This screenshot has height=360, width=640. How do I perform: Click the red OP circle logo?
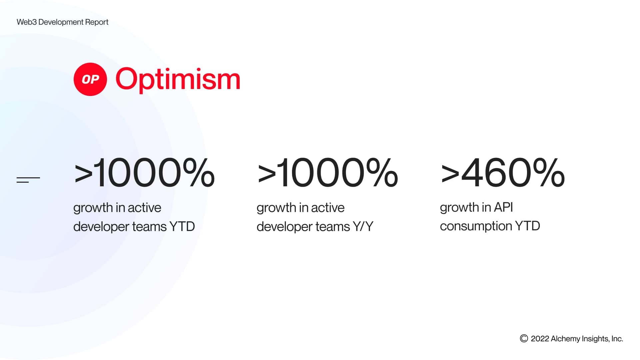click(x=90, y=79)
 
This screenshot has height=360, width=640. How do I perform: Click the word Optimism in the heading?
click(x=178, y=79)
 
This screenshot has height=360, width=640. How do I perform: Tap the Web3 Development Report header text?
click(x=62, y=22)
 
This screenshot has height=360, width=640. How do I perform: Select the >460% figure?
click(x=502, y=173)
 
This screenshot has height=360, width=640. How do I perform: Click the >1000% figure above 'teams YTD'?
click(x=144, y=173)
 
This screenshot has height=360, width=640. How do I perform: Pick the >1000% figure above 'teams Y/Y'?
click(x=327, y=173)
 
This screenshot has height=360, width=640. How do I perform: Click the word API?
click(x=503, y=207)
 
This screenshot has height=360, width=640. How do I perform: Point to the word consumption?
click(x=476, y=226)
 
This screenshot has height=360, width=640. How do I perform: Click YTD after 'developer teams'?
click(x=182, y=227)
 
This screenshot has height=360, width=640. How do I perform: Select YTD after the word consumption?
click(x=527, y=226)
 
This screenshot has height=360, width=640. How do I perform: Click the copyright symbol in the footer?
click(x=524, y=339)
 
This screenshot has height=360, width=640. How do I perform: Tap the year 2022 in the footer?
click(x=540, y=339)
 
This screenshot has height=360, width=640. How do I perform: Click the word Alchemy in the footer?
click(x=565, y=339)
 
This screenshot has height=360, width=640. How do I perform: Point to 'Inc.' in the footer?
click(x=617, y=339)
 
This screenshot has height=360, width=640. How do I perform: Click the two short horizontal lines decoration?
click(x=28, y=180)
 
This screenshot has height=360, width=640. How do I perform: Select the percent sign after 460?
click(x=549, y=173)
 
